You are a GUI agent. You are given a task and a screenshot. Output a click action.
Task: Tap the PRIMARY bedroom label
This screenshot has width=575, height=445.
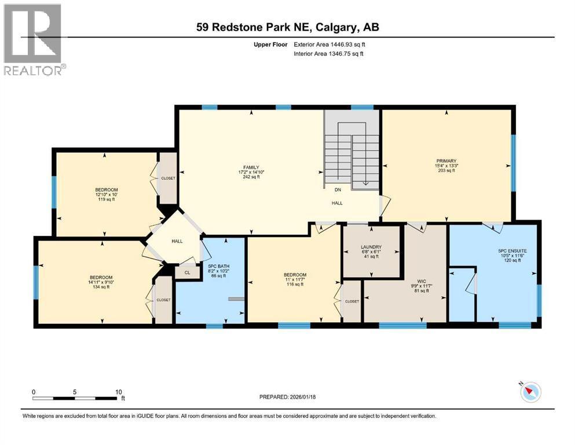point(446,161)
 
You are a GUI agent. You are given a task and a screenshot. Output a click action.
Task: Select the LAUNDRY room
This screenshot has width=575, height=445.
point(370,247)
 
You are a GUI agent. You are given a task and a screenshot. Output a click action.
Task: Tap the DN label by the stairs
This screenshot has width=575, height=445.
point(337,189)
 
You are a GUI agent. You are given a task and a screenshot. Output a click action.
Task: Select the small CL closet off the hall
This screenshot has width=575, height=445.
point(187,272)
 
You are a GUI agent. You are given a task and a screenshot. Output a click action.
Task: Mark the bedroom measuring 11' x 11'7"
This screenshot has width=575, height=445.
point(295,275)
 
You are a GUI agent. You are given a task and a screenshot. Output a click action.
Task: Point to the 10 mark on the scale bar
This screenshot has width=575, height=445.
point(118,392)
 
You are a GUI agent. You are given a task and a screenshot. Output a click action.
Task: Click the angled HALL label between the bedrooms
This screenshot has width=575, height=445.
point(177,241)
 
